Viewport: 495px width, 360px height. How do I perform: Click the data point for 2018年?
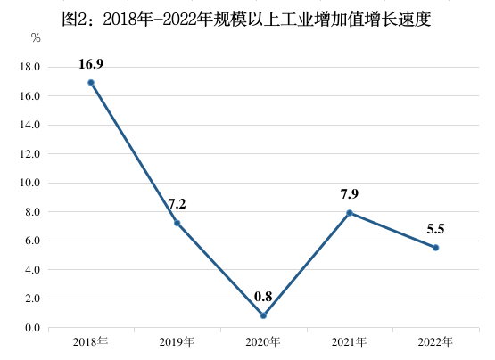[91, 83]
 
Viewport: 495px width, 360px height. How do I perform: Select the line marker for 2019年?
[177, 223]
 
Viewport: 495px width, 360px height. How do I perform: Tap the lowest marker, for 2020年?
[263, 315]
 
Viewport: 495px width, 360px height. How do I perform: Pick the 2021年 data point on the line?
[350, 213]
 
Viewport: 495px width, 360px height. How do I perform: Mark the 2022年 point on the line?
[435, 248]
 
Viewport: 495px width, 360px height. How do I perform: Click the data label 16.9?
[91, 64]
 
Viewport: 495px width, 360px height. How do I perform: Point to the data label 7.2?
[177, 204]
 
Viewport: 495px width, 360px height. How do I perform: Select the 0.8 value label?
[263, 297]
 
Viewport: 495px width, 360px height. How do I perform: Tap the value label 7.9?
[350, 194]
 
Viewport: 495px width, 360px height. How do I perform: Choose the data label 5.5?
[435, 229]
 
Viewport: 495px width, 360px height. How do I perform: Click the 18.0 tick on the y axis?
[30, 67]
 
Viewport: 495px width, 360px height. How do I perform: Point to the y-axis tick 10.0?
[30, 183]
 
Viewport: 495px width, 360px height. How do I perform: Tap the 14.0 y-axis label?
[30, 125]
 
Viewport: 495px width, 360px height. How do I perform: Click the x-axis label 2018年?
[91, 342]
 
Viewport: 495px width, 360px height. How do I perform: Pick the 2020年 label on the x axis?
[263, 342]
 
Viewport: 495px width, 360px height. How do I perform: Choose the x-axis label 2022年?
[435, 342]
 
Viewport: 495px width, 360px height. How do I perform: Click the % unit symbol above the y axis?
[36, 38]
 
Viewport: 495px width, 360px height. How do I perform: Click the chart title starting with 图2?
[247, 15]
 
